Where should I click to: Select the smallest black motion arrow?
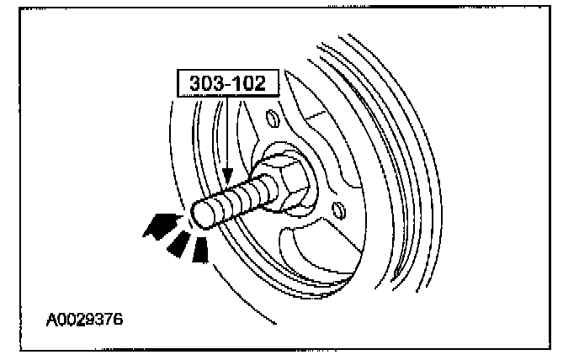(200, 250)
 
